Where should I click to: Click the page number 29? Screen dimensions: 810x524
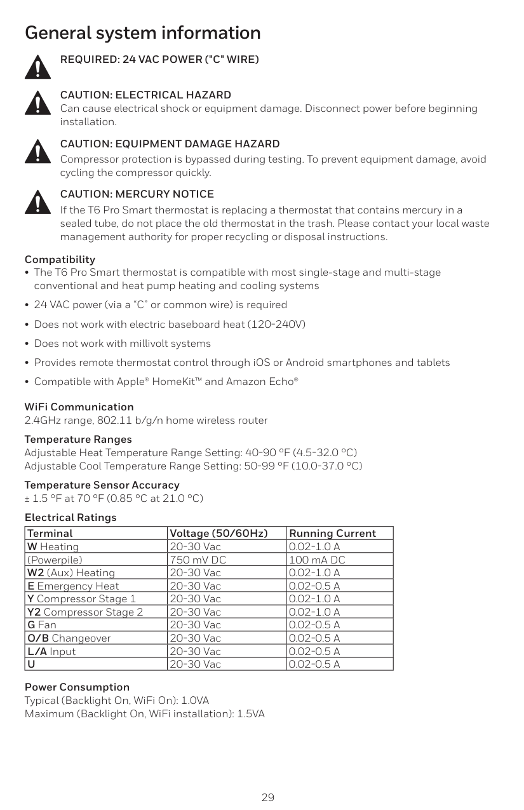coord(268,797)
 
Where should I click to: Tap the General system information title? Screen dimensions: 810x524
coord(143,33)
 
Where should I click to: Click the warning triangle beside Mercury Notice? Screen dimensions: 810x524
coord(37,201)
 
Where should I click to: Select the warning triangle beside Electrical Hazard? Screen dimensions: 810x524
coord(37,103)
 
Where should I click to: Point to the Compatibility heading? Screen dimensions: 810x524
coord(60,260)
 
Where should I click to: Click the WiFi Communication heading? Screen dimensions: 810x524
coord(79,407)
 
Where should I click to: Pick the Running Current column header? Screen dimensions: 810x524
coord(332,534)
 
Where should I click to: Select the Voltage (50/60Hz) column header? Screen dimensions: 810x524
coord(218,534)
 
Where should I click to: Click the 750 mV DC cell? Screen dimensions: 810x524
coord(198,560)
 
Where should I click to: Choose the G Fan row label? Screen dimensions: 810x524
coord(41,625)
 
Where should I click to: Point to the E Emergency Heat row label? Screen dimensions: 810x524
coord(72,586)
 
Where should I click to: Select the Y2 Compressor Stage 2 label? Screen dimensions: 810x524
coord(84,612)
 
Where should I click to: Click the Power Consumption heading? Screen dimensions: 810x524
coord(77,687)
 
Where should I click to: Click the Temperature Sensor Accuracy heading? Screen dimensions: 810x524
coord(102,485)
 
